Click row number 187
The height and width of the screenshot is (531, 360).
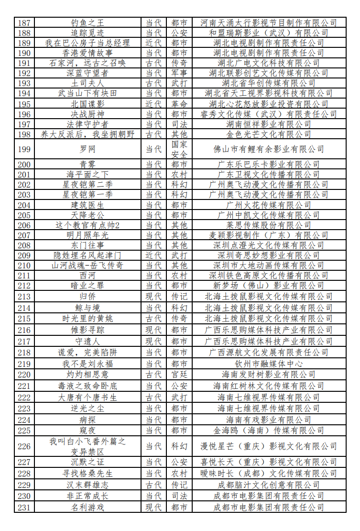click(24, 22)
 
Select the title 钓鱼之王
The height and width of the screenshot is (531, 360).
click(87, 22)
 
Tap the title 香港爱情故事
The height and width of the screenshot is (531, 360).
click(87, 53)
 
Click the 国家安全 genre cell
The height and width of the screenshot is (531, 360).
click(179, 149)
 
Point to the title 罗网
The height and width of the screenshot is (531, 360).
click(87, 149)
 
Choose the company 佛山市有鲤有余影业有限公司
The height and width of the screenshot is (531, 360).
click(268, 149)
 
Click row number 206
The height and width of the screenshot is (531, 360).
click(24, 225)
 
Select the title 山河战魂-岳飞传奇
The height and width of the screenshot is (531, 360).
click(87, 265)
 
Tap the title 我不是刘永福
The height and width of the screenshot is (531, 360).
click(87, 364)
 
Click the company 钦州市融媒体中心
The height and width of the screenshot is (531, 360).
click(268, 364)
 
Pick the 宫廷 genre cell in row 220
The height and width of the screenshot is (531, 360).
click(179, 374)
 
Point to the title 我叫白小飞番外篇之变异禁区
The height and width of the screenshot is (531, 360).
click(87, 446)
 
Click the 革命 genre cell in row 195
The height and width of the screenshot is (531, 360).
click(179, 104)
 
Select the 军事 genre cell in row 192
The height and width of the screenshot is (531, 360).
click(179, 73)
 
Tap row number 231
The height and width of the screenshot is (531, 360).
click(24, 507)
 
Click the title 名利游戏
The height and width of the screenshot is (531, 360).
click(87, 507)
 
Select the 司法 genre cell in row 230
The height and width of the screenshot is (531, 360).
click(179, 496)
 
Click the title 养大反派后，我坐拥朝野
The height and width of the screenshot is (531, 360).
click(87, 134)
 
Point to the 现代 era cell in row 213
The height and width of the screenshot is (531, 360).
click(153, 297)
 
